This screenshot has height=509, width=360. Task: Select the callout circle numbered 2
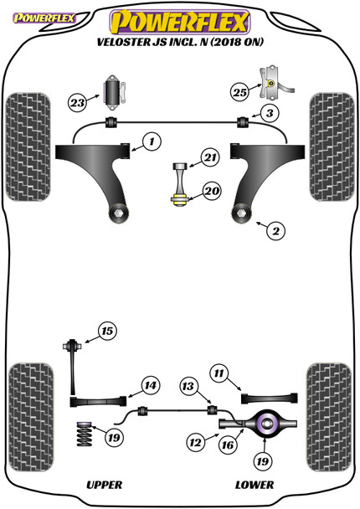tap(270, 227)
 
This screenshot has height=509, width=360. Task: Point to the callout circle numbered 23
tap(78, 104)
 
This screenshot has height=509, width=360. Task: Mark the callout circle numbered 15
tap(106, 332)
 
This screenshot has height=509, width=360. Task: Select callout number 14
tap(149, 386)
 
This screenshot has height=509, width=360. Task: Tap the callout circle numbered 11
tap(219, 373)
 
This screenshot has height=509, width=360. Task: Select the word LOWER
tap(254, 485)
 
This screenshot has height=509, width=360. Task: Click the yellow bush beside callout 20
tap(178, 199)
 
